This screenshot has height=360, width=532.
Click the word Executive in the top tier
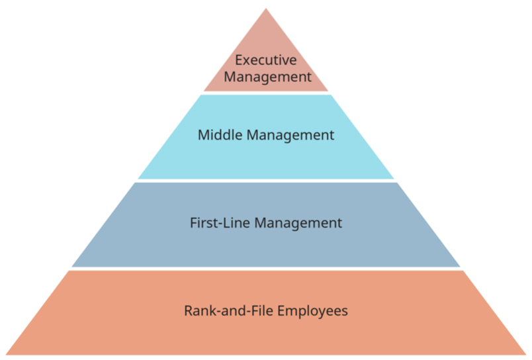pos(265,60)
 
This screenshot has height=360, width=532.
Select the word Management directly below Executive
pos(266,77)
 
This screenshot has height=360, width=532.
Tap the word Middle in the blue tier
pos(220,135)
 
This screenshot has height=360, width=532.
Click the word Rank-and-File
pos(220,310)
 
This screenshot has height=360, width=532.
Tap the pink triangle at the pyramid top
pos(265,40)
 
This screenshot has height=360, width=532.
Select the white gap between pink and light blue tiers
pos(265,93)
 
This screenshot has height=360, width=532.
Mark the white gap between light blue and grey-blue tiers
pos(265,181)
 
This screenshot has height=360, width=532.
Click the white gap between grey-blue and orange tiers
pos(265,269)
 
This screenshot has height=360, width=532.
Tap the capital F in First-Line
pos(193,223)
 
